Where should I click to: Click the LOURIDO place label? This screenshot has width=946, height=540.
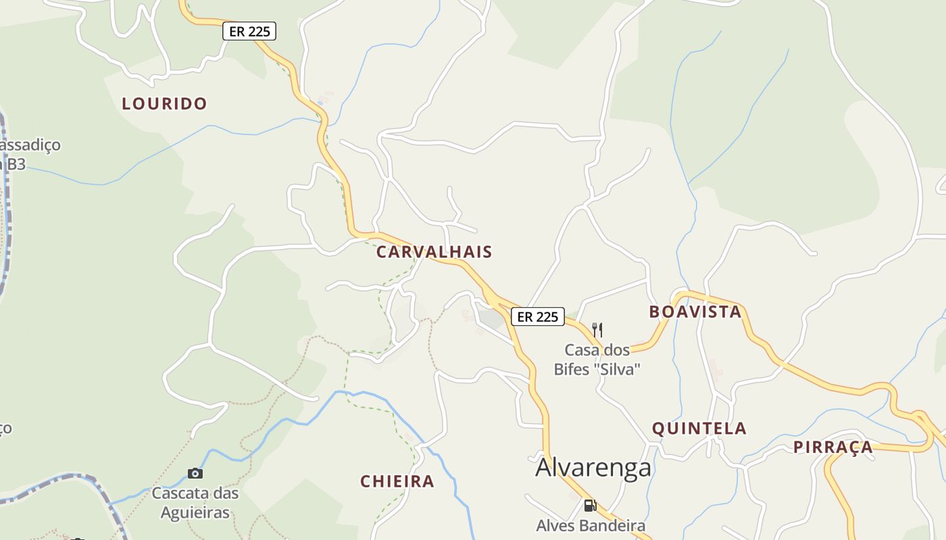pyautogui.click(x=164, y=104)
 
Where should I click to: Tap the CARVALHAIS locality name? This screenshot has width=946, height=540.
pyautogui.click(x=434, y=252)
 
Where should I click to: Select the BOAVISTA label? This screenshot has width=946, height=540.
pyautogui.click(x=695, y=312)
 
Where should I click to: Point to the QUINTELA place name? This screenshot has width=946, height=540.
pyautogui.click(x=699, y=429)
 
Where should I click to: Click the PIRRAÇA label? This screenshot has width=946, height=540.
pyautogui.click(x=832, y=448)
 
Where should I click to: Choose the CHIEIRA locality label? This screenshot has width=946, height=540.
pyautogui.click(x=397, y=482)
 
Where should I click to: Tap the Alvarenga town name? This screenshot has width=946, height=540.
pyautogui.click(x=593, y=468)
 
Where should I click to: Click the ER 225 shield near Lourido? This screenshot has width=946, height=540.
pyautogui.click(x=249, y=31)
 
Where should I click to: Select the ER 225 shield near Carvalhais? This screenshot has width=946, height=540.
pyautogui.click(x=537, y=317)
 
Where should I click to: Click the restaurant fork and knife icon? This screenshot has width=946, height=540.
pyautogui.click(x=597, y=330)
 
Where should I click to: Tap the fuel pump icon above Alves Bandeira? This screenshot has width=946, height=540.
pyautogui.click(x=590, y=505)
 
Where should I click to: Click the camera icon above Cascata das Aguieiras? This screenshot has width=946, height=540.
pyautogui.click(x=195, y=473)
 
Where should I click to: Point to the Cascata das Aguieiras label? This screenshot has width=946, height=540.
pyautogui.click(x=195, y=503)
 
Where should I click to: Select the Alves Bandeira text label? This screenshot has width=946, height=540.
pyautogui.click(x=591, y=526)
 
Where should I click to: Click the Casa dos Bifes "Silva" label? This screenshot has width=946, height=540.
pyautogui.click(x=597, y=360)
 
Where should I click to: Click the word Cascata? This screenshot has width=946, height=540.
pyautogui.click(x=178, y=493)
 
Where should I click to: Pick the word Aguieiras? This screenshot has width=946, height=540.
pyautogui.click(x=195, y=513)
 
